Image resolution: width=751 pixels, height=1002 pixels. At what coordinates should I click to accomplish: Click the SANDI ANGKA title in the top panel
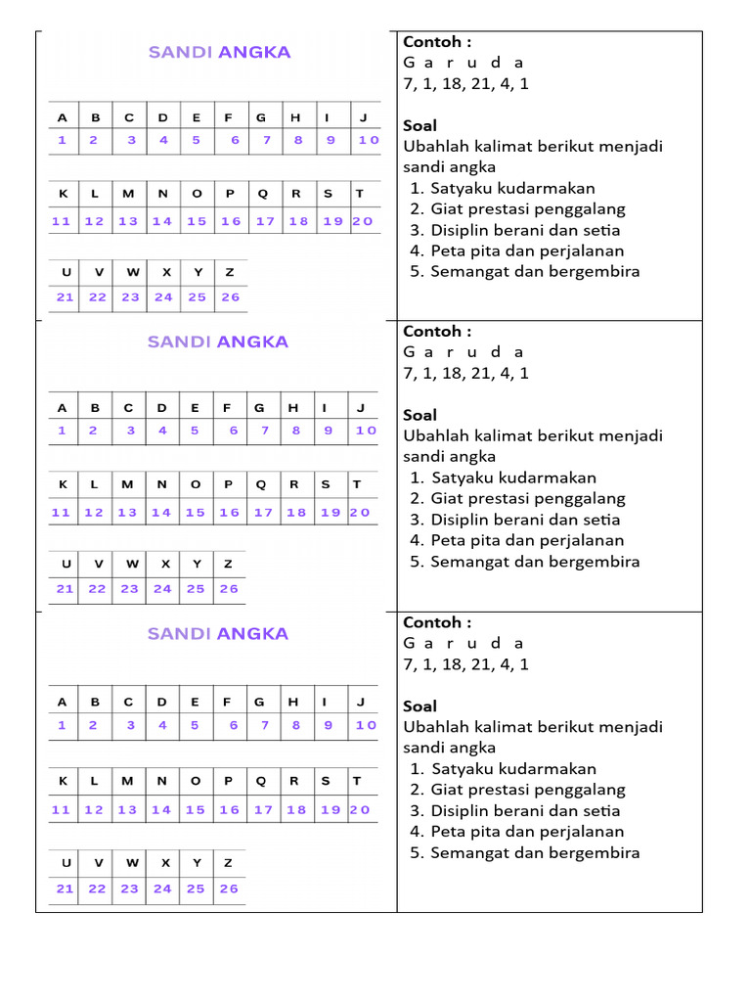[x=219, y=53]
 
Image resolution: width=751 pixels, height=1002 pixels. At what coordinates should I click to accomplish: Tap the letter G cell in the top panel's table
[x=261, y=117]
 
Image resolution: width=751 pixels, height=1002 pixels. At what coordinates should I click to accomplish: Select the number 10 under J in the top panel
[x=368, y=140]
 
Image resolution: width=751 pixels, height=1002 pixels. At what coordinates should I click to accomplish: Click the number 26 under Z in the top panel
[x=230, y=297]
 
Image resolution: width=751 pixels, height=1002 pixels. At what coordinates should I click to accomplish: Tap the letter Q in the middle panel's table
[x=260, y=484]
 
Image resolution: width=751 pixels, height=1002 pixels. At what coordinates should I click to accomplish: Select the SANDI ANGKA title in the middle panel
[x=218, y=342]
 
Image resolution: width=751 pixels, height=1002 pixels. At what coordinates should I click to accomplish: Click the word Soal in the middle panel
[x=420, y=415]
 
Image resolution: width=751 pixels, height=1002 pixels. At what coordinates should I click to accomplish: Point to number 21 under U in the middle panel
[x=65, y=589]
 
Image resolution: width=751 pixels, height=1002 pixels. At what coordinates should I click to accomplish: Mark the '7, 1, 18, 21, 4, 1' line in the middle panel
[x=465, y=373]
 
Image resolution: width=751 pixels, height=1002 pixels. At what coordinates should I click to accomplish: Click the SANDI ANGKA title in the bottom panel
[x=218, y=634]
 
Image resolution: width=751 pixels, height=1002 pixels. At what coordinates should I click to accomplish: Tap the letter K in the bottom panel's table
[x=63, y=781]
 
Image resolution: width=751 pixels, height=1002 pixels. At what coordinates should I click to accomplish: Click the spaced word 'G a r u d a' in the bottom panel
[x=464, y=643]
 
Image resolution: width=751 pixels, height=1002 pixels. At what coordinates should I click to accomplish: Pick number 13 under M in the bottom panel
[x=128, y=809]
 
